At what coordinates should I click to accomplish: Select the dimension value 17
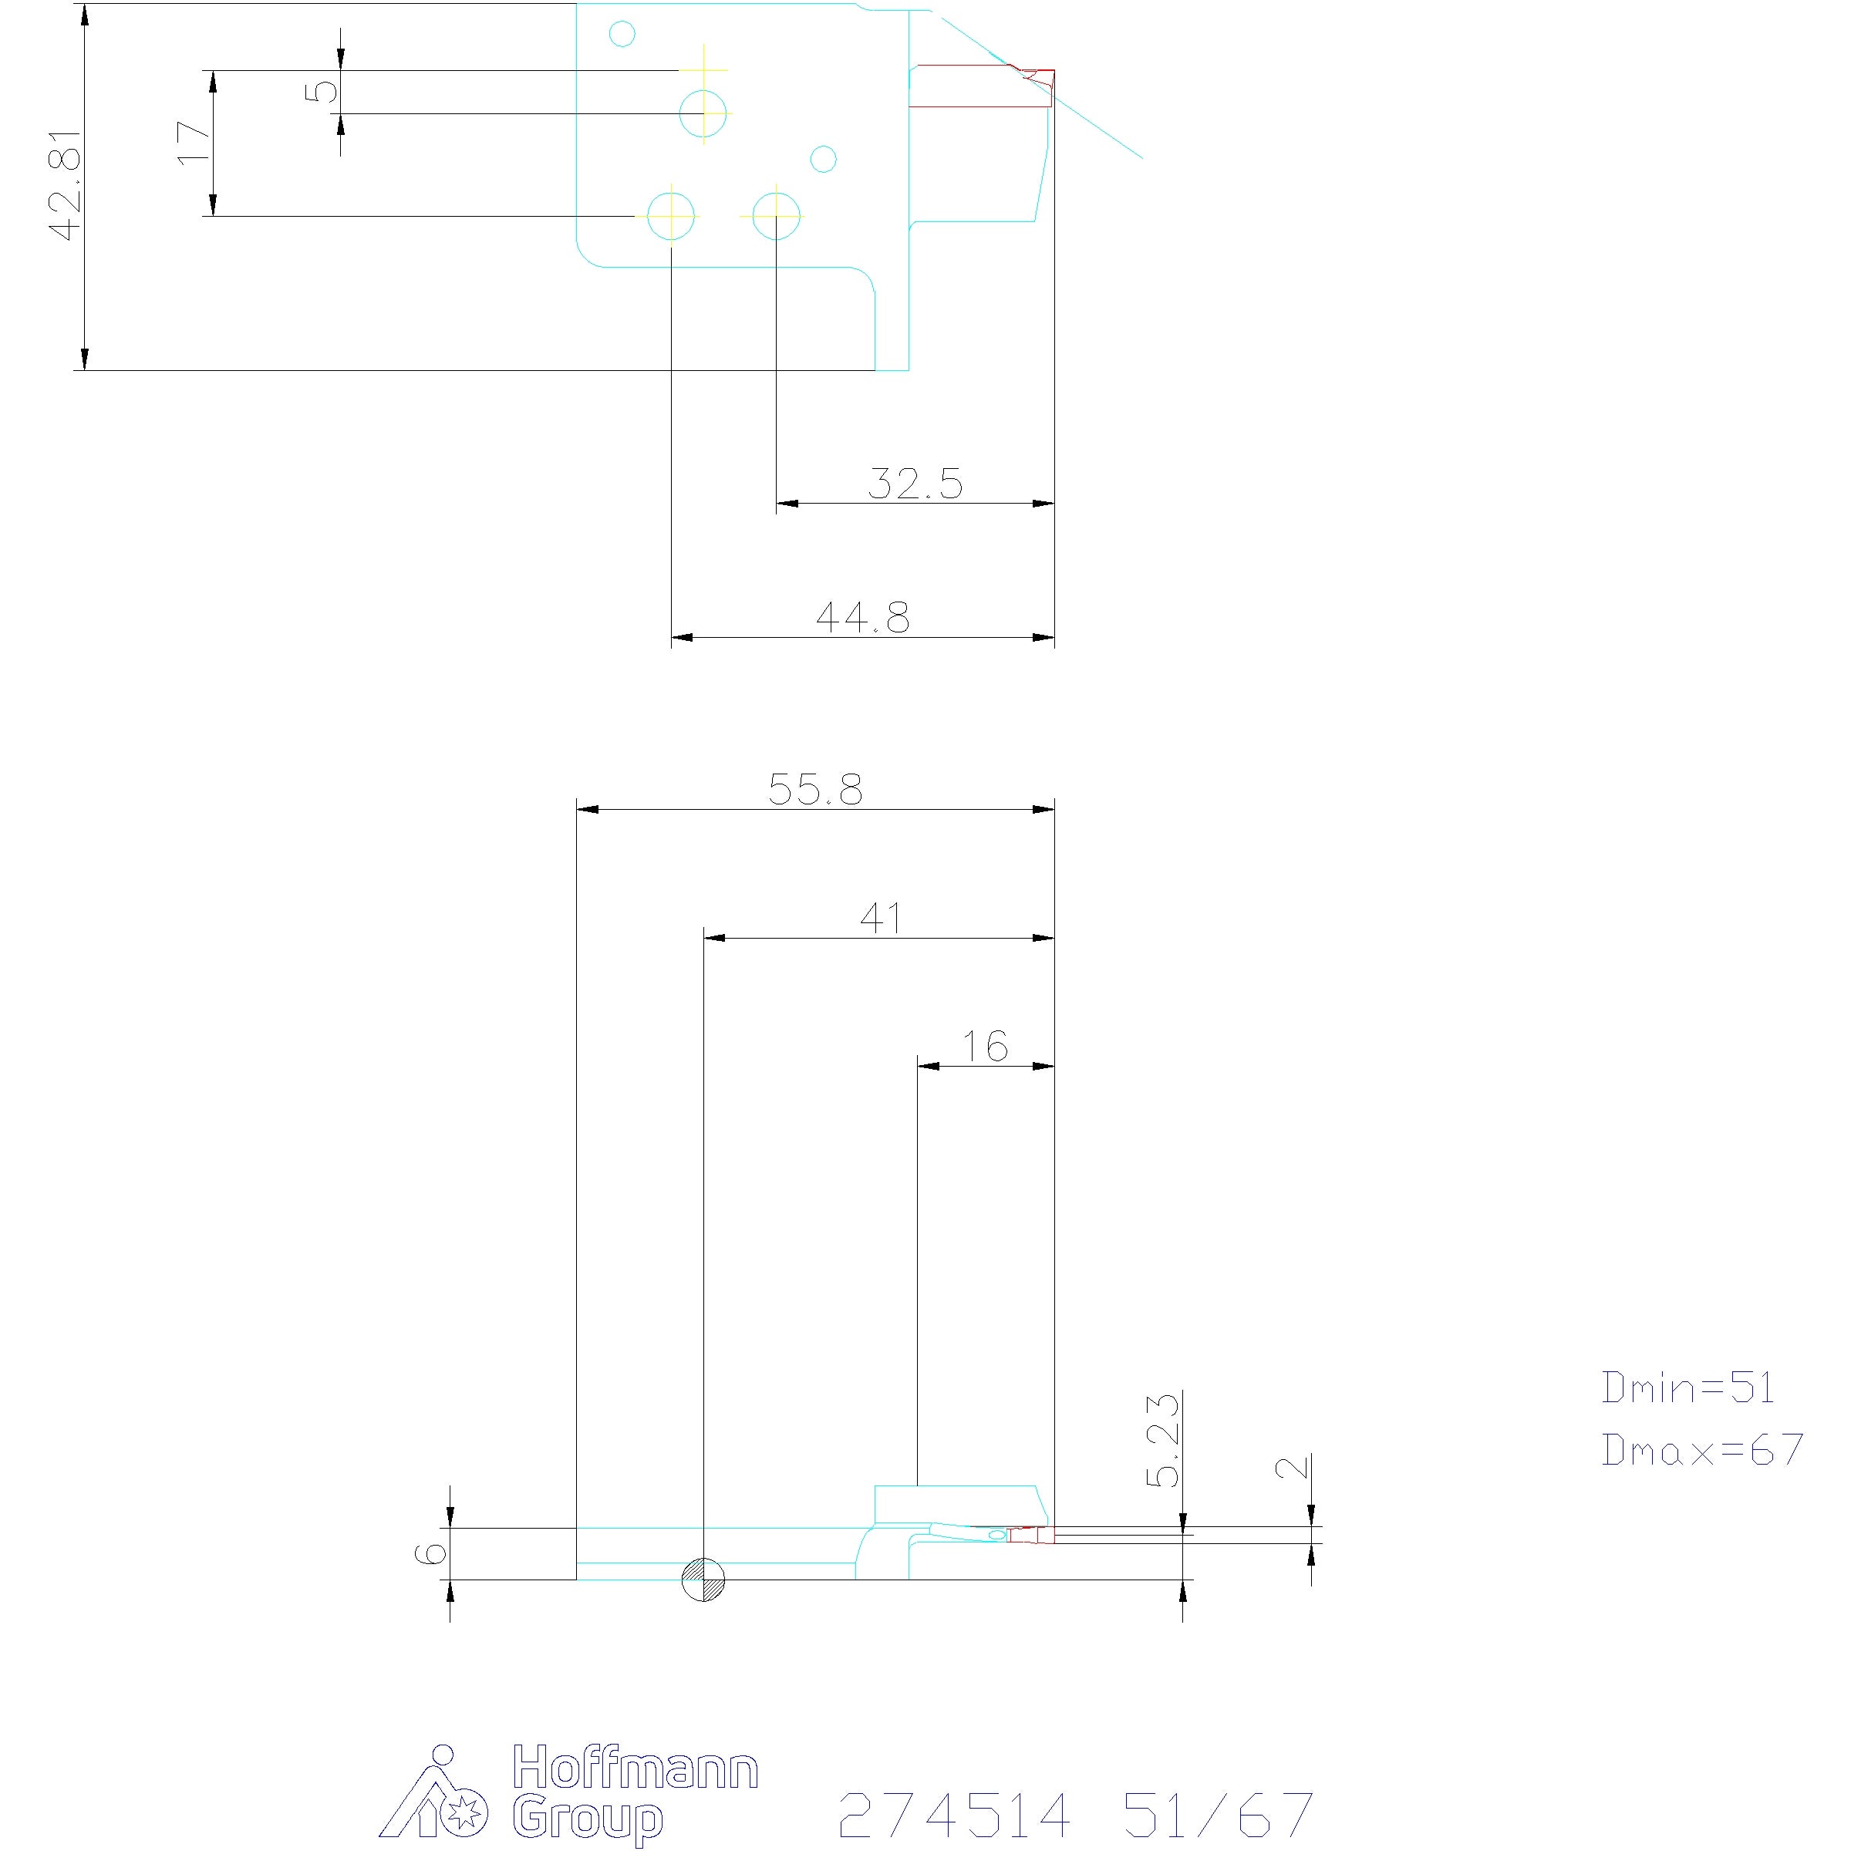tap(195, 143)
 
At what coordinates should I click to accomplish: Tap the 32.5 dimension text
tap(914, 484)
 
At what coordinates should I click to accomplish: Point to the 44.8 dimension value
tap(862, 617)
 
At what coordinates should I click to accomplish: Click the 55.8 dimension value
tap(815, 790)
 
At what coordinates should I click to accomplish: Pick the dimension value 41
tap(881, 919)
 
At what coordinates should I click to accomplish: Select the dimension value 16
tap(985, 1047)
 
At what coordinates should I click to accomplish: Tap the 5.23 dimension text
tap(1163, 1441)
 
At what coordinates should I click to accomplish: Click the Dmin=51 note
tap(1688, 1387)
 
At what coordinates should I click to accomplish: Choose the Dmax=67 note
tap(1702, 1450)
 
